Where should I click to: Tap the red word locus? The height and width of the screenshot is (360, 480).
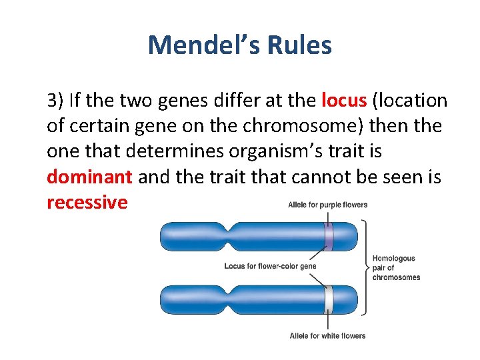coord(344,101)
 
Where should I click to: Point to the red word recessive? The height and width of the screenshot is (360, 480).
coord(87,202)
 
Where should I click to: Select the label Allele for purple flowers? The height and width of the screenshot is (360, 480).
coord(327,205)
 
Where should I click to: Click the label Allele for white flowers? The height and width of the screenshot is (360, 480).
coord(327,335)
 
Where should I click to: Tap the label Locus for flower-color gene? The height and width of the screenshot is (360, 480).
coord(270,267)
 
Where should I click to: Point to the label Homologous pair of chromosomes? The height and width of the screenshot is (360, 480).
coord(395,267)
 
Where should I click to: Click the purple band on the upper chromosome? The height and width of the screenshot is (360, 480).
coord(328,235)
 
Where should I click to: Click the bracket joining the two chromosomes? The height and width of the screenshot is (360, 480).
coord(364,267)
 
